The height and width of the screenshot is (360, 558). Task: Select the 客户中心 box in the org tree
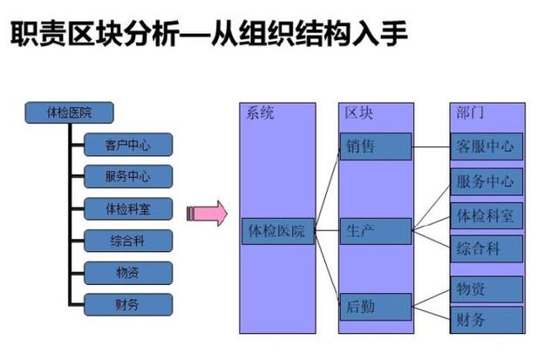point(128,144)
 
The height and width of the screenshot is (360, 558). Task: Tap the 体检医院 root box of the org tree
point(68,112)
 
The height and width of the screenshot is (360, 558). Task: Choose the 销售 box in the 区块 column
point(375,146)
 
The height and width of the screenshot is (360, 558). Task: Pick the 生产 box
point(375,231)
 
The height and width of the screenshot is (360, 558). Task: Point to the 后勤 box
point(375,306)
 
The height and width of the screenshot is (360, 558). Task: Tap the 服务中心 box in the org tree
point(128,176)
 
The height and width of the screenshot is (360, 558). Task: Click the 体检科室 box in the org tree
point(128,208)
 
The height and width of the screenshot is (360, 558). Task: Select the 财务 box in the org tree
point(128,304)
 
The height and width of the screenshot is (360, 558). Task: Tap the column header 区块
point(359,113)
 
